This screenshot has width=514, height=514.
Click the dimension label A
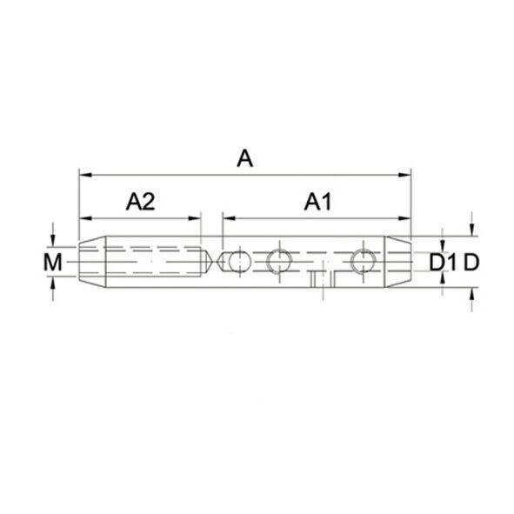coord(245,158)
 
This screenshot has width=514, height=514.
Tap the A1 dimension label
coord(318,202)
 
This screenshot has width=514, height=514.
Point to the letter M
coord(53,263)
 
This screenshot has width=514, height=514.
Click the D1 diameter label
coord(443,263)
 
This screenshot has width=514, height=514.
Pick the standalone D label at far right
coord(471,263)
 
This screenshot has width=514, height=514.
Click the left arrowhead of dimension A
coord(85,175)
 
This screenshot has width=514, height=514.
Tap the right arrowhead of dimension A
coord(404,175)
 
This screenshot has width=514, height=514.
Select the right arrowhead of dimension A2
coord(194,218)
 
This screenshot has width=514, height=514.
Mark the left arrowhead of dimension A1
coord(229,218)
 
